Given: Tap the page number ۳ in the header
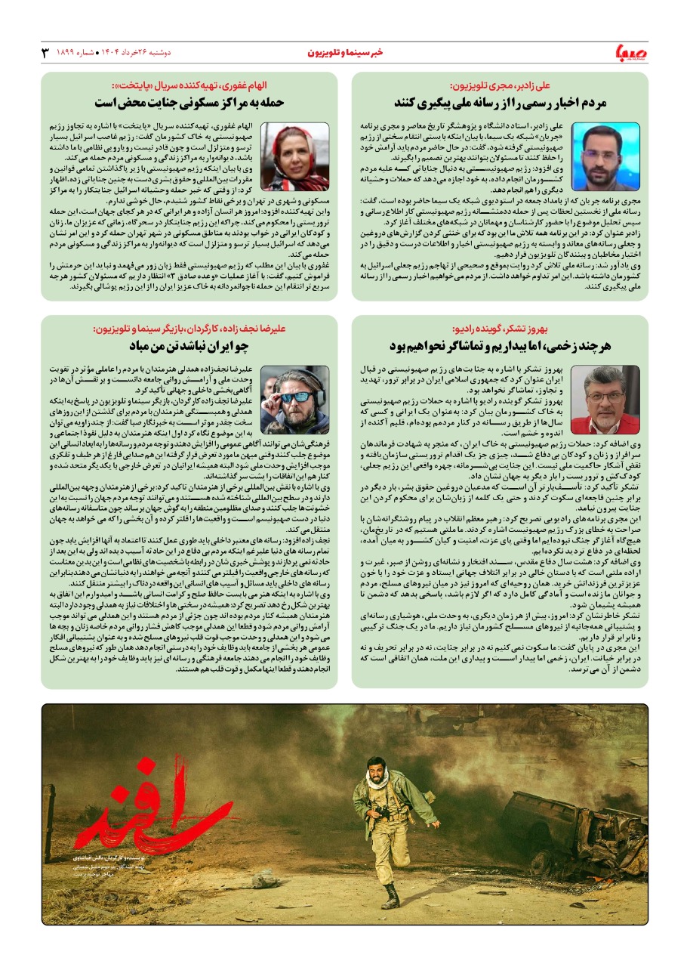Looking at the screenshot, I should pyautogui.click(x=45, y=52).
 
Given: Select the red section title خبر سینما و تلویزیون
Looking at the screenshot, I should pyautogui.click(x=345, y=52).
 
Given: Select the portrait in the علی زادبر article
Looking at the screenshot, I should pyautogui.click(x=605, y=156).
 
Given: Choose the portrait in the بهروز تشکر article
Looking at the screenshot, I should pyautogui.click(x=605, y=399).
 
